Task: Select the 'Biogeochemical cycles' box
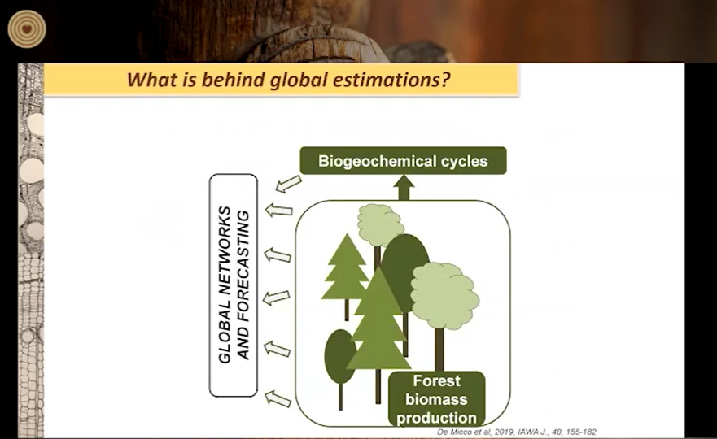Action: tap(403, 161)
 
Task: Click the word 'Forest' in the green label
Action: tap(437, 380)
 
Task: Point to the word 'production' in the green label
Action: tap(437, 418)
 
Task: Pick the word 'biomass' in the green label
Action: tap(437, 399)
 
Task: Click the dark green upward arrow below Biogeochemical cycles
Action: tap(404, 187)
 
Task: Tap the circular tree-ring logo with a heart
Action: tap(27, 28)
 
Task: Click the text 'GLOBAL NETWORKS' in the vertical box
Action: tap(225, 285)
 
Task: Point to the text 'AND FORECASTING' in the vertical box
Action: tap(243, 285)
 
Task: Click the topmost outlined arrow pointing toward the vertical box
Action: tap(289, 184)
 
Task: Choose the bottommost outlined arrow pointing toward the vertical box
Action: tap(278, 398)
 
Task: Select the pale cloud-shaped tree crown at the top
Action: tap(380, 224)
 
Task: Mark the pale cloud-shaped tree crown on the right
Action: tap(444, 295)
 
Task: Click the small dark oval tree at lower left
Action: tap(340, 361)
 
